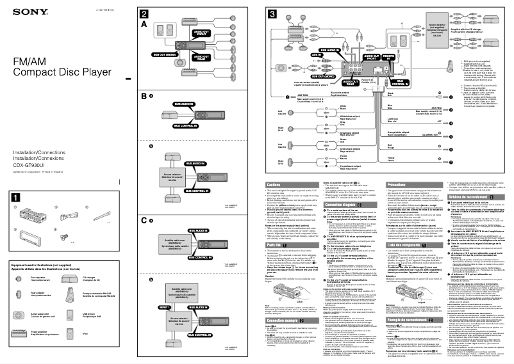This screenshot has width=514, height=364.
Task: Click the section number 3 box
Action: pyautogui.click(x=272, y=14)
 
